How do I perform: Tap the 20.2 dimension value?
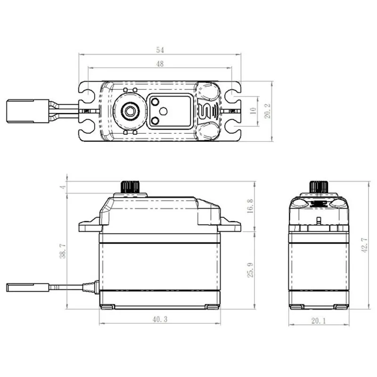[268, 111]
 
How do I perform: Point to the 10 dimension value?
[253, 111]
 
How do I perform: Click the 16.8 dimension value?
[250, 206]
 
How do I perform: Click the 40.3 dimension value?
[159, 319]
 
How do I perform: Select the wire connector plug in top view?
[28, 111]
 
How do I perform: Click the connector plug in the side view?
[28, 287]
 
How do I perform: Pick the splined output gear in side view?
[131, 187]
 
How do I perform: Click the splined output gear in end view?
[319, 187]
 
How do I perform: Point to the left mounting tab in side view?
[89, 226]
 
